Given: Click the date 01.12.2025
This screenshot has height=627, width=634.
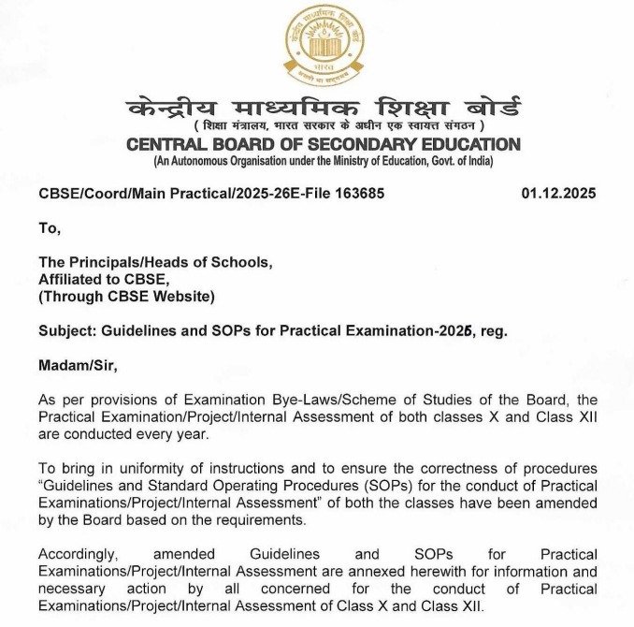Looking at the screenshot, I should tap(558, 194).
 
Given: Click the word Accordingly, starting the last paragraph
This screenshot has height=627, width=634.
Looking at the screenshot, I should tap(80, 555).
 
